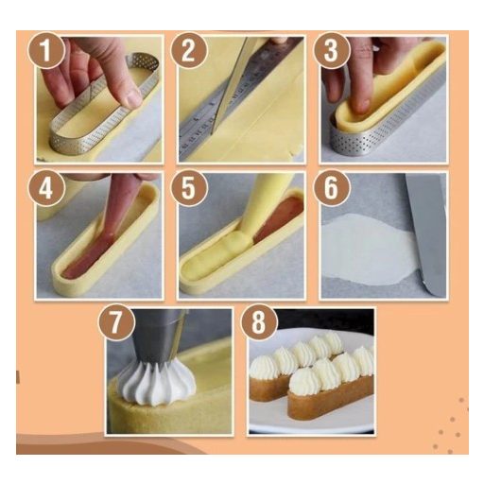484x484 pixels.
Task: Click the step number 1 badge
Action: (x=46, y=50)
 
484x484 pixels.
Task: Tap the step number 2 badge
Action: (x=188, y=50)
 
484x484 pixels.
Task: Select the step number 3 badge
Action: (x=331, y=50)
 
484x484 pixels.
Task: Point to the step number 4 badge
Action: (x=46, y=188)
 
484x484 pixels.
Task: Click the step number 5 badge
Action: (x=188, y=188)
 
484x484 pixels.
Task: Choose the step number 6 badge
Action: (x=331, y=188)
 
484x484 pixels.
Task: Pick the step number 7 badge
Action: (x=116, y=322)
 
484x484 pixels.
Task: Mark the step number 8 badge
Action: (x=259, y=322)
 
